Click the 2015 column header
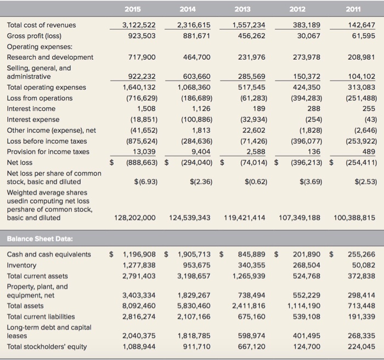tap(133, 9)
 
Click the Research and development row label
tap(50, 57)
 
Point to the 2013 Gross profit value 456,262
tap(251, 36)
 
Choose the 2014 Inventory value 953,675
tap(195, 265)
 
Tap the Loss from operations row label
tap(39, 98)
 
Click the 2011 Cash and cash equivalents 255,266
tap(362, 254)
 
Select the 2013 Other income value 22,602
tap(254, 131)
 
